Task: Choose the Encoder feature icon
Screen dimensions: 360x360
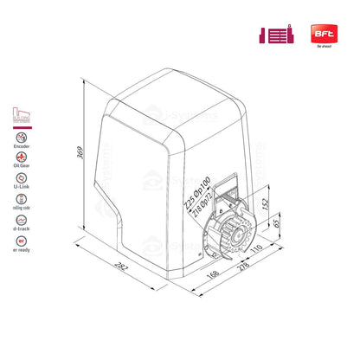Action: click(x=19, y=138)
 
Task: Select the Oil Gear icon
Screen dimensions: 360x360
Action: click(x=19, y=164)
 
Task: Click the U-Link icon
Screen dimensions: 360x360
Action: click(x=19, y=191)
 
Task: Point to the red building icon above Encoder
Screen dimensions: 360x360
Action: click(x=19, y=115)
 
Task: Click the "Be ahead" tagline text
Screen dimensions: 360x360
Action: click(x=325, y=48)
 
